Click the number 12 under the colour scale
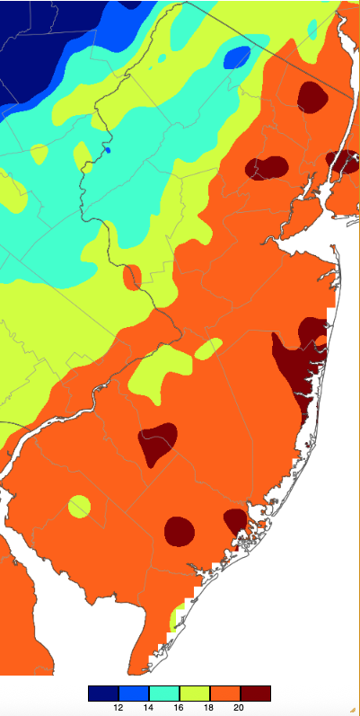(118, 708)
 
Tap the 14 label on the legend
(148, 708)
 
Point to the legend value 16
(179, 708)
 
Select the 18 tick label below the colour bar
(209, 708)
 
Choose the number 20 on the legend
(240, 708)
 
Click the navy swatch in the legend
(102, 694)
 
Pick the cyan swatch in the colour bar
(163, 694)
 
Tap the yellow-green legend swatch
(194, 694)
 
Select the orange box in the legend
(224, 694)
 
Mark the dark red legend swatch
(255, 694)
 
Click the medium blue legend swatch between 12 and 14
(133, 694)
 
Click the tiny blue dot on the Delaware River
(108, 150)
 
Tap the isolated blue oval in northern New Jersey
(237, 57)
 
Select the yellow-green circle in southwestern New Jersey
(79, 507)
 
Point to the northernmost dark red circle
(312, 96)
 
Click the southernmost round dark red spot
(180, 530)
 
